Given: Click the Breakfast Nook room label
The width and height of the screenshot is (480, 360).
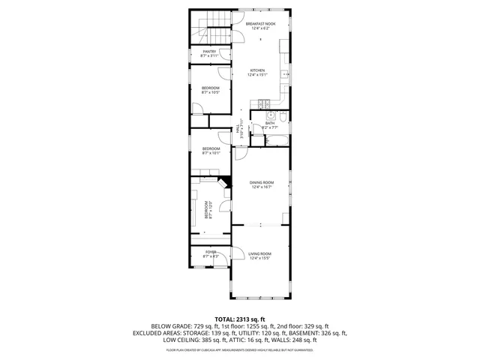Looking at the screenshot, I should (259, 23).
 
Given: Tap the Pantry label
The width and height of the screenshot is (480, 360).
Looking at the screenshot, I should (209, 51).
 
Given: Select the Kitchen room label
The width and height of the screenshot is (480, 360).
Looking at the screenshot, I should (258, 70).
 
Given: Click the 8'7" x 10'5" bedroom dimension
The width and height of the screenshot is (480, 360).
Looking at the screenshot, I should (210, 93).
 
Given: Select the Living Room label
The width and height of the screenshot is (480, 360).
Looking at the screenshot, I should (259, 254).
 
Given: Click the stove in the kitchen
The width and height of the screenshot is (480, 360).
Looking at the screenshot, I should (263, 103).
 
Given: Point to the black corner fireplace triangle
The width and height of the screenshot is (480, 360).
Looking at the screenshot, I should (223, 181).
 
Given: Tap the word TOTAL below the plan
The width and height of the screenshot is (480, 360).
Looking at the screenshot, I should (226, 319).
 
